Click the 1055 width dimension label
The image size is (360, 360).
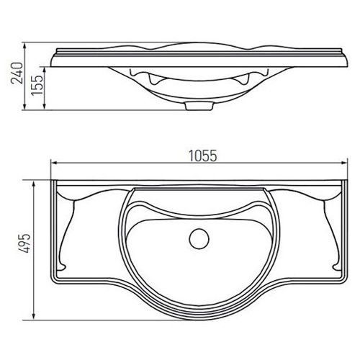click(x=203, y=156)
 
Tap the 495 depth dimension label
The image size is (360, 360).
click(x=25, y=243)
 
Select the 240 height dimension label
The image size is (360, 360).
click(x=17, y=73)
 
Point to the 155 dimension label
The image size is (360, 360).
click(x=37, y=86)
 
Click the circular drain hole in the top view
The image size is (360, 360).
click(x=199, y=239)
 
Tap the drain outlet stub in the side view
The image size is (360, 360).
click(x=199, y=106)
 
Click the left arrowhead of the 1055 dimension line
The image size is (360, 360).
click(x=53, y=163)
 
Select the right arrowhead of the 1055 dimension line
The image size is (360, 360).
click(x=345, y=163)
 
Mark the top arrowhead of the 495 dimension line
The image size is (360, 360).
click(x=34, y=184)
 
